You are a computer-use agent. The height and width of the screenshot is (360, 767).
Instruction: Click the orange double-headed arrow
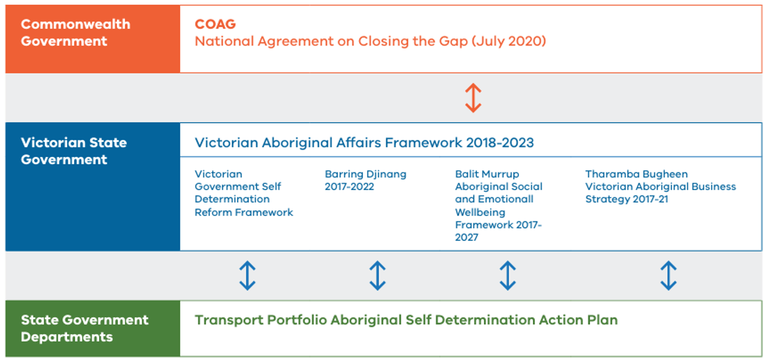click(473, 98)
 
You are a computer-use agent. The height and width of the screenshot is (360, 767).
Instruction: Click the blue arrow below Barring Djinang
click(378, 276)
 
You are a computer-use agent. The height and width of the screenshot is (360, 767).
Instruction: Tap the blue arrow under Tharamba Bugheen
click(669, 276)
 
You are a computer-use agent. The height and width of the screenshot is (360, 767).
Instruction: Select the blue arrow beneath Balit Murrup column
click(507, 276)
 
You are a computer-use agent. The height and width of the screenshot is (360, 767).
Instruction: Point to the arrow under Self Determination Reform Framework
click(247, 276)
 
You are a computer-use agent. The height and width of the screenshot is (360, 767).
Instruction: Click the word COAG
click(215, 24)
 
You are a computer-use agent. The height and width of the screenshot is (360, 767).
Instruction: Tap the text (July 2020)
click(509, 41)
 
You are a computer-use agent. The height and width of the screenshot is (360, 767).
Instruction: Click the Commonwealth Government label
click(76, 32)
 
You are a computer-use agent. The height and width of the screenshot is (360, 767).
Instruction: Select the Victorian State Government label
click(74, 151)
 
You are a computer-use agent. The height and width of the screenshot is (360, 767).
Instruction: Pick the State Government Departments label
click(84, 329)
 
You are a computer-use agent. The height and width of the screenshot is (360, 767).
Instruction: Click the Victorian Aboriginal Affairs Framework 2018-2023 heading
click(365, 143)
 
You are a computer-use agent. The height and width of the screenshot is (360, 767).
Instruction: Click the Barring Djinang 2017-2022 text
click(366, 180)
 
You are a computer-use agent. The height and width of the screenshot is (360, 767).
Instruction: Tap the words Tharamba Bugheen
click(637, 174)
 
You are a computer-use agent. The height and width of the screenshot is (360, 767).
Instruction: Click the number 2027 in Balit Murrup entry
click(467, 237)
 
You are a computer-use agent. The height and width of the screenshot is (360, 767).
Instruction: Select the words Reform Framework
click(244, 212)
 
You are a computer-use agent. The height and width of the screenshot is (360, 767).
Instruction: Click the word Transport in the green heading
click(229, 320)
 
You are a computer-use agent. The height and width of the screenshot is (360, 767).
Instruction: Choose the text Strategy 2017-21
click(627, 199)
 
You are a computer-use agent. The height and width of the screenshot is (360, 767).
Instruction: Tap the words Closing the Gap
click(413, 41)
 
